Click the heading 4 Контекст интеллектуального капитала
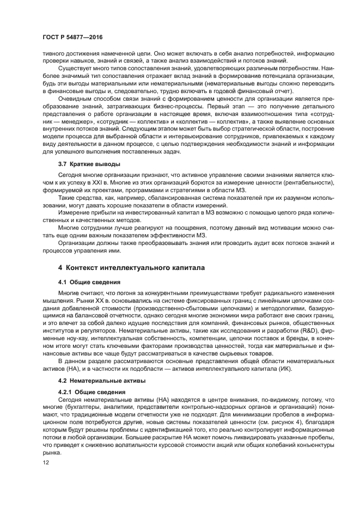click(x=124, y=268)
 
